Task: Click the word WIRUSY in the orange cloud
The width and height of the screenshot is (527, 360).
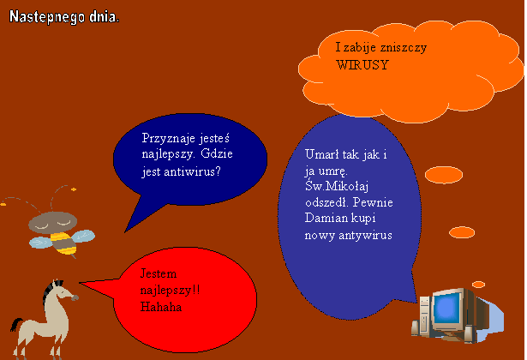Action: pyautogui.click(x=362, y=64)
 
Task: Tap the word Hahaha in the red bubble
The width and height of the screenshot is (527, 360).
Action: pyautogui.click(x=161, y=307)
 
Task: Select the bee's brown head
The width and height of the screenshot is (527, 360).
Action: pyautogui.click(x=53, y=222)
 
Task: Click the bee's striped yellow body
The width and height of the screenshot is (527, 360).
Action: pyautogui.click(x=64, y=243)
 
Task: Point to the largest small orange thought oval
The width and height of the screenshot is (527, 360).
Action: pyautogui.click(x=444, y=175)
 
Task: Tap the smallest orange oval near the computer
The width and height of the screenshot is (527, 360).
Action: pyautogui.click(x=478, y=285)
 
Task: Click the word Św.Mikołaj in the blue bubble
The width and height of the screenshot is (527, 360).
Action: pyautogui.click(x=337, y=186)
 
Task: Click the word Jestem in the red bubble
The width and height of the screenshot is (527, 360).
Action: pyautogui.click(x=159, y=273)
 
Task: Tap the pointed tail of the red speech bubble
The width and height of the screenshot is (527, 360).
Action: pyautogui.click(x=81, y=284)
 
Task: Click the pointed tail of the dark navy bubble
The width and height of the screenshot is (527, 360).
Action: pyautogui.click(x=125, y=231)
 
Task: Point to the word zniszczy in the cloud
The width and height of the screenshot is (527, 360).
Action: pyautogui.click(x=404, y=48)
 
